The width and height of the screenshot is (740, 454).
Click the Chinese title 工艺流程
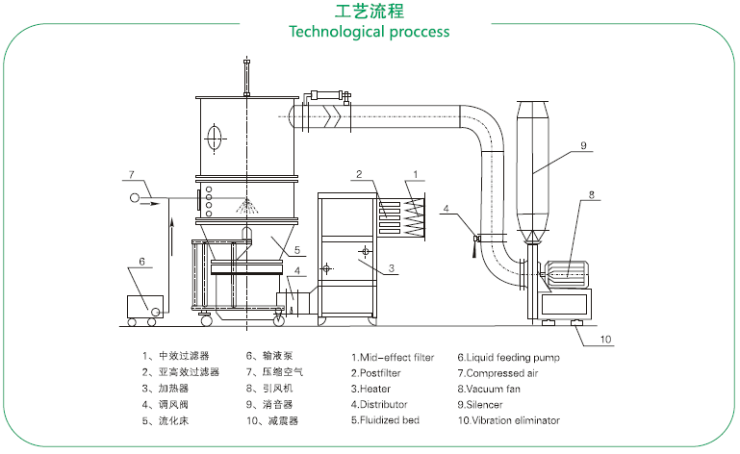tap(370, 12)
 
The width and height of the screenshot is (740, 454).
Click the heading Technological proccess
tap(370, 32)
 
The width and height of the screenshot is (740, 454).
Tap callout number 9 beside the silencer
tap(582, 145)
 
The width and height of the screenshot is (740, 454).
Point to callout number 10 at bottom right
tap(606, 339)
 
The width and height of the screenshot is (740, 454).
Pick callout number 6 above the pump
tap(141, 261)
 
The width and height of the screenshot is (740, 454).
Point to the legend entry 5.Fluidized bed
tap(385, 420)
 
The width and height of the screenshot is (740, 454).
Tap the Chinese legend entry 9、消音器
tap(273, 404)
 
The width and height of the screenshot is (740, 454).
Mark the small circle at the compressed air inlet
tap(135, 198)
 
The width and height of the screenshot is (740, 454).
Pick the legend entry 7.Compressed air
tap(499, 373)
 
